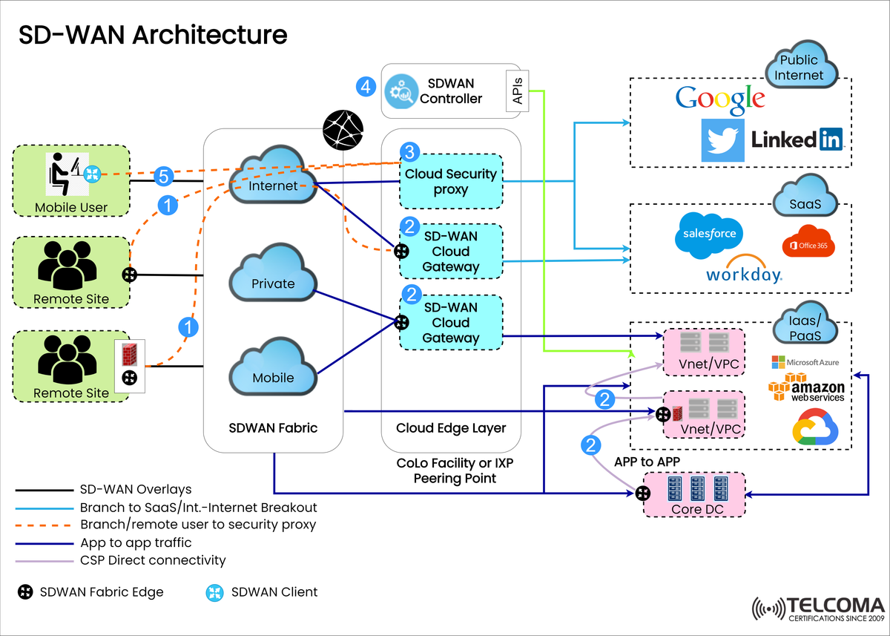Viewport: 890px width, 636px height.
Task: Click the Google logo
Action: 719,99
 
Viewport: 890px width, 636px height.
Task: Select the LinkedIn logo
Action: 797,140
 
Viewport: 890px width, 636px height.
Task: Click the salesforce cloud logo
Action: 708,235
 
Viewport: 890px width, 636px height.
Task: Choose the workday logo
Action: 743,272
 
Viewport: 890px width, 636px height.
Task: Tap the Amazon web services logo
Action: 806,387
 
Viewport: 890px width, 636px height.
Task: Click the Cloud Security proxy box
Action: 451,182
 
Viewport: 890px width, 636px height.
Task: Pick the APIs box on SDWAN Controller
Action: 517,91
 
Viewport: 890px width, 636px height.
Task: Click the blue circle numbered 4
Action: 365,86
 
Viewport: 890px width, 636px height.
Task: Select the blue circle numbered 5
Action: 165,177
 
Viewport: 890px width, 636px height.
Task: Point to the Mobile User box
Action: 71,181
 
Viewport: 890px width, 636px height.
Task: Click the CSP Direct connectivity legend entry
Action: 152,560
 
